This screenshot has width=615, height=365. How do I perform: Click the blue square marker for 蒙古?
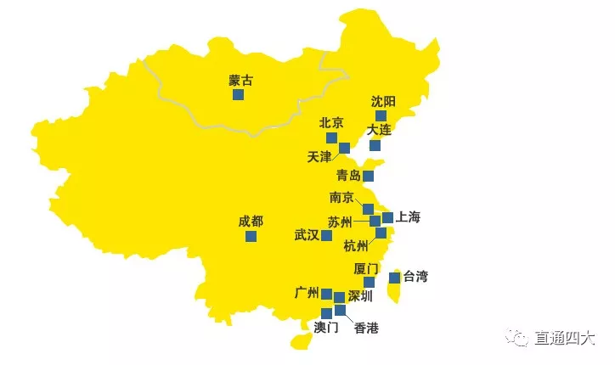(x=239, y=95)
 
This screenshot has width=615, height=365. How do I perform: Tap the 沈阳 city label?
(x=383, y=101)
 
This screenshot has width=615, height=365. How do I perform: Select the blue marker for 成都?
(x=251, y=236)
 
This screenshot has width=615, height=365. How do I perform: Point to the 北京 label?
(x=331, y=123)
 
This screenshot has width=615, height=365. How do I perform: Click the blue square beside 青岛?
(x=368, y=177)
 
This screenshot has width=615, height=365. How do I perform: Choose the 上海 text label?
(x=408, y=217)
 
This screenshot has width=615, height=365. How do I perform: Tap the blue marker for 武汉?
(x=327, y=235)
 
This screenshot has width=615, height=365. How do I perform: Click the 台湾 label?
(x=415, y=277)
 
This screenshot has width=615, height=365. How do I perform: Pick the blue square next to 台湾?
(x=394, y=278)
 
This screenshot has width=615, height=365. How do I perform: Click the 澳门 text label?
(x=326, y=328)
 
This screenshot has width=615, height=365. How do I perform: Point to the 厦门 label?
(x=366, y=269)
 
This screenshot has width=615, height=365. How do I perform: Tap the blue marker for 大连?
(x=375, y=145)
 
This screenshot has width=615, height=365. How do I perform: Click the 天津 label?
(x=319, y=157)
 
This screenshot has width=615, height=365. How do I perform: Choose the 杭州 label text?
(x=357, y=247)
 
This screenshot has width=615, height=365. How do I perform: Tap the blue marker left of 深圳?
(x=339, y=297)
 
